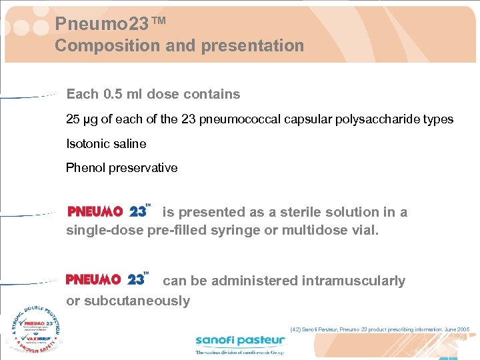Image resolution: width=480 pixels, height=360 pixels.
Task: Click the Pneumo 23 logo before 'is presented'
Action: (109, 211)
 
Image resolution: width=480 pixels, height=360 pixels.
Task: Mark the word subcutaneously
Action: (128, 301)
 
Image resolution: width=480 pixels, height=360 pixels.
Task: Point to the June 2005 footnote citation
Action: (380, 329)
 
